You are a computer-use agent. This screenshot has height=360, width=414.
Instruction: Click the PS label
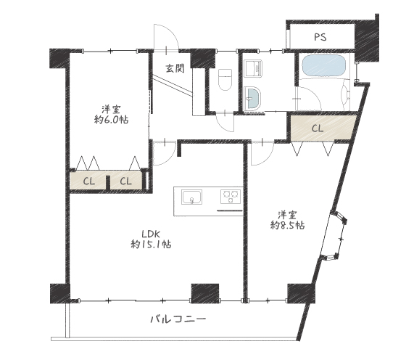pyautogui.click(x=320, y=37)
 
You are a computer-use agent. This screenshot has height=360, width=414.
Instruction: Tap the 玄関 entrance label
pyautogui.click(x=175, y=69)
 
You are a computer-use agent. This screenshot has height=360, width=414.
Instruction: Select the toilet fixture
pyautogui.click(x=225, y=79)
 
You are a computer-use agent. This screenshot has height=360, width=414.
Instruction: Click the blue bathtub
pyautogui.click(x=323, y=66)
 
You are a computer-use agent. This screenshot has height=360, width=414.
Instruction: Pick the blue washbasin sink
pyautogui.click(x=253, y=98)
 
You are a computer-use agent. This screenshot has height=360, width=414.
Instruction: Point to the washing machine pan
pyautogui.click(x=253, y=68)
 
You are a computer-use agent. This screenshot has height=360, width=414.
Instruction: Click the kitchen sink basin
pyautogui.click(x=191, y=197)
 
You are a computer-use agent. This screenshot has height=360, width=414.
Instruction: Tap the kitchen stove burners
pyautogui.click(x=231, y=196)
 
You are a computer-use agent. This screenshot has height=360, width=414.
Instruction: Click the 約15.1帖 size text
pyautogui.click(x=151, y=244)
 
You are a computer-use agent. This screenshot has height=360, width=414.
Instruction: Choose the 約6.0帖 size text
pyautogui.click(x=111, y=120)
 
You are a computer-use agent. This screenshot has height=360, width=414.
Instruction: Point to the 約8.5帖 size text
pyautogui.click(x=287, y=225)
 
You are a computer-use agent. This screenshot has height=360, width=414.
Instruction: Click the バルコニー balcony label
pyautogui.click(x=178, y=319)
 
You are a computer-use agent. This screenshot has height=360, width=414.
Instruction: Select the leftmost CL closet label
pyautogui.click(x=89, y=181)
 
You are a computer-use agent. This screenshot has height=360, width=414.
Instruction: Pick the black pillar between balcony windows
pyautogui.click(x=205, y=293)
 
